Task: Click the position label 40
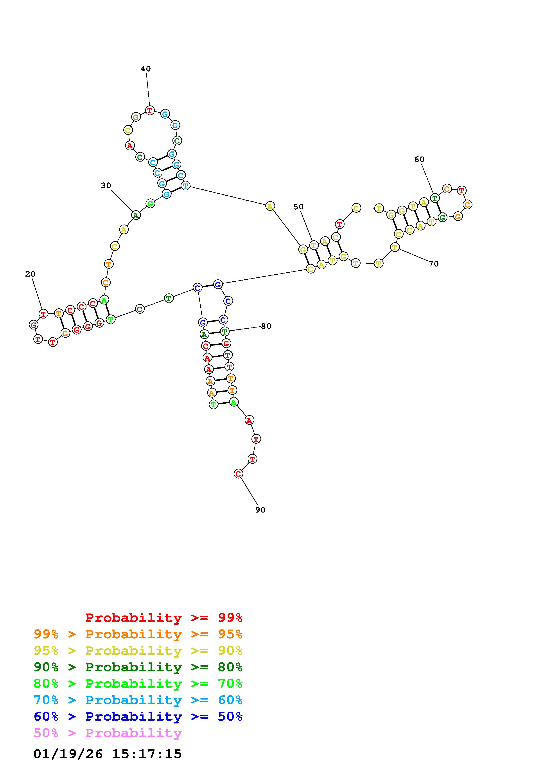(145, 69)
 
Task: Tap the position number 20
(30, 274)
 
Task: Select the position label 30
(106, 185)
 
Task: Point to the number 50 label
(298, 207)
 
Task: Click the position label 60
(419, 159)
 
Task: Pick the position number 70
(433, 264)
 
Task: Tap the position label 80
(266, 326)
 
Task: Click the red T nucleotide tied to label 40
(150, 110)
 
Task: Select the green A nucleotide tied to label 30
(135, 215)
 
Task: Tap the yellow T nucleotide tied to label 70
(395, 248)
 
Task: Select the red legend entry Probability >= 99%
(164, 618)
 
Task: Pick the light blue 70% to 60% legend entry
(138, 700)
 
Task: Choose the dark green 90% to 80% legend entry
(138, 667)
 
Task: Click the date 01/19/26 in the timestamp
(68, 754)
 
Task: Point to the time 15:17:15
(147, 754)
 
